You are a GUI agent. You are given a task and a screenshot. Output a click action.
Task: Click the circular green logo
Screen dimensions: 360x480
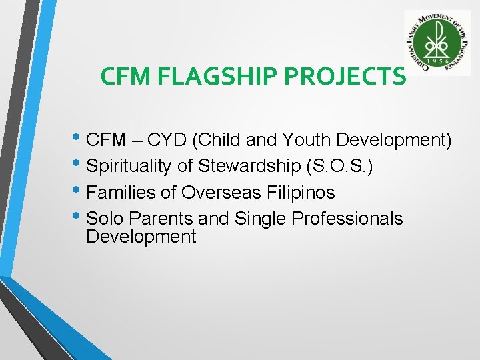437,43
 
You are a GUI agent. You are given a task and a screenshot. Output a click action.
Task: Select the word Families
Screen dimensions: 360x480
120,193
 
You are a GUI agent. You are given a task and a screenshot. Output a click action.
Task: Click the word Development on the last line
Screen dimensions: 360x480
141,237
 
